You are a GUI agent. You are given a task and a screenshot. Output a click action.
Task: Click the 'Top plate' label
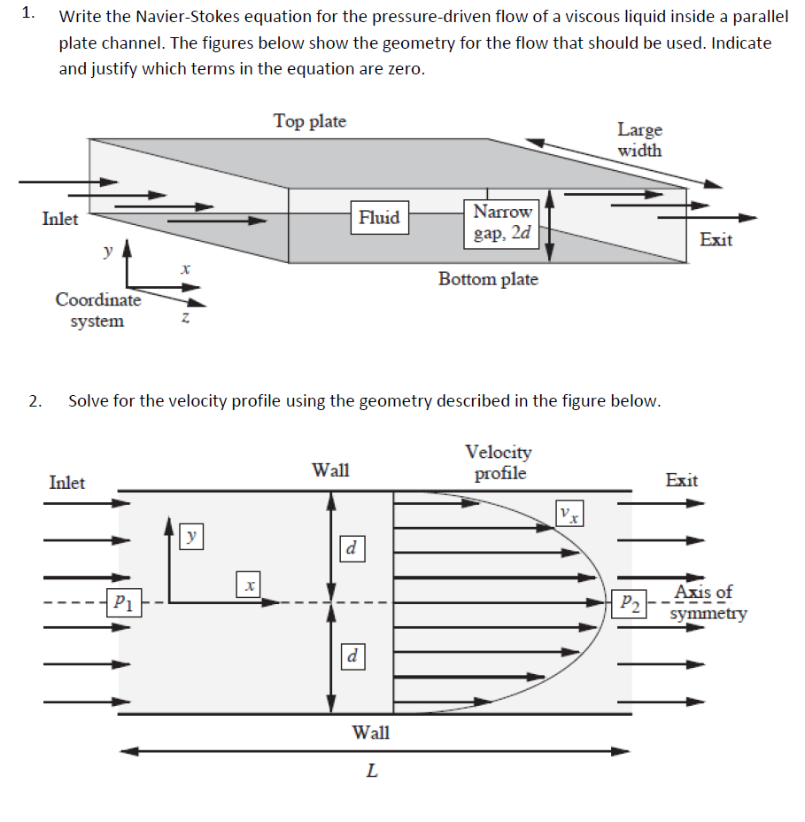click(x=309, y=120)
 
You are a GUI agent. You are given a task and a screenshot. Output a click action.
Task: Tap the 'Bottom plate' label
click(x=487, y=279)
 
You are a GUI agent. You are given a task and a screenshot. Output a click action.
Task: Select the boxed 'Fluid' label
click(x=379, y=217)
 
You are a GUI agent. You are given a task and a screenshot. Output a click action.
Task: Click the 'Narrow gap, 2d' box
click(x=502, y=223)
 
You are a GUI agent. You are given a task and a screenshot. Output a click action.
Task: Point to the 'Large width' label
click(x=639, y=140)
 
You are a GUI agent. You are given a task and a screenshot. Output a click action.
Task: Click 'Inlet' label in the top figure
click(x=60, y=218)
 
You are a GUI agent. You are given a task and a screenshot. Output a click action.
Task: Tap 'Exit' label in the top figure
click(x=716, y=239)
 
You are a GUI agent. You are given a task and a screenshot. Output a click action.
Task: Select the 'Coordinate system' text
click(x=97, y=310)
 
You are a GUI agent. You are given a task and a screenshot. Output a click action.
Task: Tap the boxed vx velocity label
click(x=569, y=513)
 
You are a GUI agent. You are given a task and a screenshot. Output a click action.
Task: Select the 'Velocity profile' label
click(x=499, y=462)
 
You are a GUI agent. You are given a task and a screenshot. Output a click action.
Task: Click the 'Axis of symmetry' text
click(x=707, y=602)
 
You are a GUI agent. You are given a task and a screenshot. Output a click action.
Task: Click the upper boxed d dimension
click(x=352, y=548)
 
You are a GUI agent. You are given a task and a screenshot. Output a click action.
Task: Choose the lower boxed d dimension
click(x=352, y=656)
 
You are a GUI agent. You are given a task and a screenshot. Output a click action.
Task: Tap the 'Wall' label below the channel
click(x=370, y=733)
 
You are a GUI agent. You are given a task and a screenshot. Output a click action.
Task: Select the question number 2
click(x=33, y=401)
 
